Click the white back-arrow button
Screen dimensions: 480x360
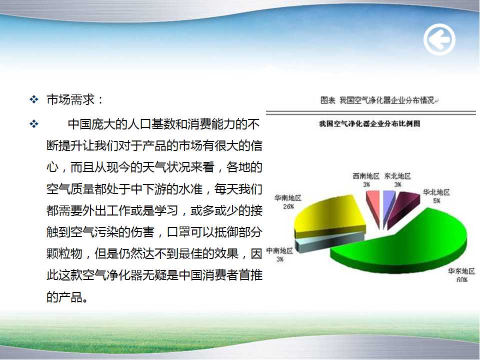439,39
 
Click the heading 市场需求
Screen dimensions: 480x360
70,99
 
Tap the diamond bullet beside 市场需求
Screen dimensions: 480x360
33,99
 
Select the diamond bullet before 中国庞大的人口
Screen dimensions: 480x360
33,124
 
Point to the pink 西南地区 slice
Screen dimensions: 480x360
374,205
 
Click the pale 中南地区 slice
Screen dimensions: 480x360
329,242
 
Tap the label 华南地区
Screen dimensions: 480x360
288,198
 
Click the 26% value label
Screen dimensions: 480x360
288,206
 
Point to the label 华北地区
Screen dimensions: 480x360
436,192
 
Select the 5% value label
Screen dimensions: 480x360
437,201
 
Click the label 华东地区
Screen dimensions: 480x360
461,271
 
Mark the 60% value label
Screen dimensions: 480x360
462,279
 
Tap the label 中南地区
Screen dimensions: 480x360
279,251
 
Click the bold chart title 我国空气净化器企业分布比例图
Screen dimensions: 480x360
369,123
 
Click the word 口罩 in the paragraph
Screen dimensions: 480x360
178,232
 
